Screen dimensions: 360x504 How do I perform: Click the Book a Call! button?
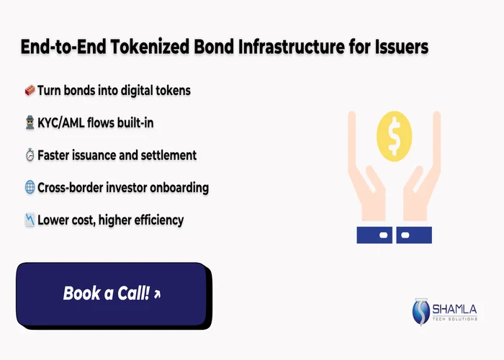coord(112,293)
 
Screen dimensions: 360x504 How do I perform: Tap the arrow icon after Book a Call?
coord(157,294)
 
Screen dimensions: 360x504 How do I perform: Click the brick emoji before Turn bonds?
coord(30,91)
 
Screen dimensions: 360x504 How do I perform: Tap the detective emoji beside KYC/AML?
coord(30,123)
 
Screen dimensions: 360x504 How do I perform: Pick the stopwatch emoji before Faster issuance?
coord(30,156)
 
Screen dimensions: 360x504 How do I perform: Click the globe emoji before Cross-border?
coord(30,188)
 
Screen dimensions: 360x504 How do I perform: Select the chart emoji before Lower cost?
coord(30,220)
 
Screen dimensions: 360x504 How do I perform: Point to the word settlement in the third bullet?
coord(168,156)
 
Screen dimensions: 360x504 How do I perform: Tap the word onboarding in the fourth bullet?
coord(178,188)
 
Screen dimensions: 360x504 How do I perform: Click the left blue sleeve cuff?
coord(374,235)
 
